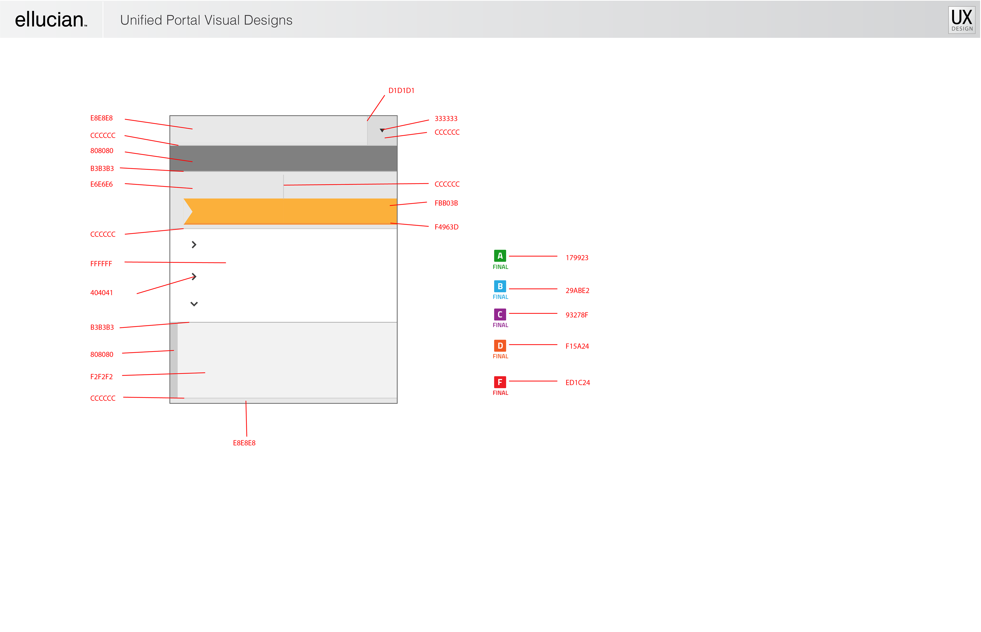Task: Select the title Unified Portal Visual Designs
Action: coord(206,20)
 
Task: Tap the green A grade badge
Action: coord(500,256)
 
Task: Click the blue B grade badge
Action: coord(500,286)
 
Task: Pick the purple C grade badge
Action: coord(500,314)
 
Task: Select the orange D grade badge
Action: coord(500,346)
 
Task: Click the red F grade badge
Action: coord(500,382)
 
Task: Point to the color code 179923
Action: coord(577,258)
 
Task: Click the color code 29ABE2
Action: coord(577,291)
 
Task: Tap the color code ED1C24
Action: coord(577,383)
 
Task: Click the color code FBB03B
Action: coord(446,203)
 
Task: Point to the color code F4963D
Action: coord(447,227)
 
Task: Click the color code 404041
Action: coord(101,293)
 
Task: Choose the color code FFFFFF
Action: coord(101,264)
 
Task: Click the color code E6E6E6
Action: coord(101,184)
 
